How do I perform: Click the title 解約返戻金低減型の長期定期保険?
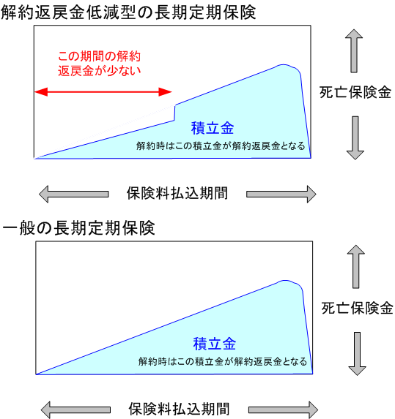128,12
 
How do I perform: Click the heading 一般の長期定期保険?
78,228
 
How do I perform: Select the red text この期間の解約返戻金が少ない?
100,64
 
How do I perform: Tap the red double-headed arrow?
103,92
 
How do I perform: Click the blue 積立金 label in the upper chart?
213,128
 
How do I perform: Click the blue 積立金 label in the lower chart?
215,344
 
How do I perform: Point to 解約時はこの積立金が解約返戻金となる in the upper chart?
221,146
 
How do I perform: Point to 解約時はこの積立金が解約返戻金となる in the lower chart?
223,361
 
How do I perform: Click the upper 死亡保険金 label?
355,92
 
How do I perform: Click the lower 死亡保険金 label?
357,308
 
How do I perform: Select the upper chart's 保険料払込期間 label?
177,193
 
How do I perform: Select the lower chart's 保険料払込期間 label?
179,409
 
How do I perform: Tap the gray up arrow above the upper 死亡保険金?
354,50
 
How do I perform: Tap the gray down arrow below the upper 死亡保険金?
355,138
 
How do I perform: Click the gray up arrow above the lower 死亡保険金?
356,267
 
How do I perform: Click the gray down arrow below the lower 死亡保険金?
357,354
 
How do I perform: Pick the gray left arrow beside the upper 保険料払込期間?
73,194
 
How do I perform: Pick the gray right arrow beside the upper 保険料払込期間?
281,194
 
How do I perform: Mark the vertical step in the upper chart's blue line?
174,113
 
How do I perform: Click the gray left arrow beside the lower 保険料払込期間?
75,409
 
